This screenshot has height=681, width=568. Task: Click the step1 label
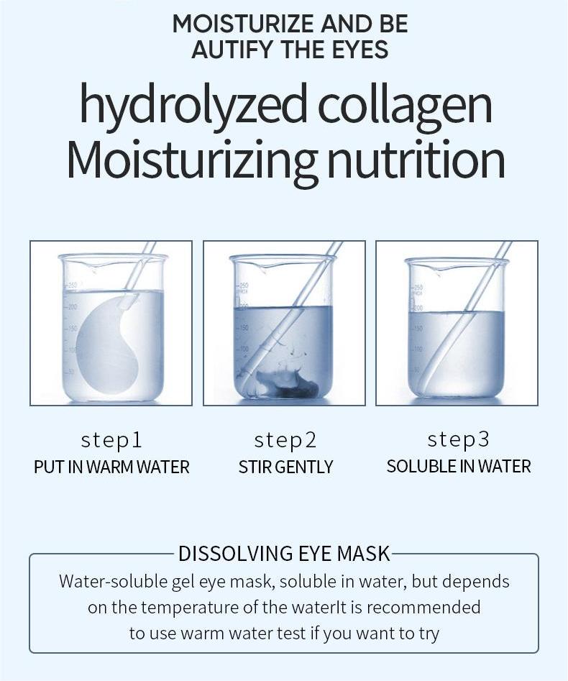pos(111,440)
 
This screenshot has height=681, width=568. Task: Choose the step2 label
pos(285,440)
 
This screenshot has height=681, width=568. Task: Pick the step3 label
pos(458,439)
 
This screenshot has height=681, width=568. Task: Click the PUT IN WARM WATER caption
pos(111,467)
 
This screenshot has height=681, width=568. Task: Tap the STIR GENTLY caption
pos(285,467)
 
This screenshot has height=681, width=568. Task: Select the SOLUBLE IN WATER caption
pos(459,467)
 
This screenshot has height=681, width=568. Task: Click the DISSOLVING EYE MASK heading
pos(284,554)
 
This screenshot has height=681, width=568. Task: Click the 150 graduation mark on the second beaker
pos(243,327)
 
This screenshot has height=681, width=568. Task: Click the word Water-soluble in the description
pos(114,581)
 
